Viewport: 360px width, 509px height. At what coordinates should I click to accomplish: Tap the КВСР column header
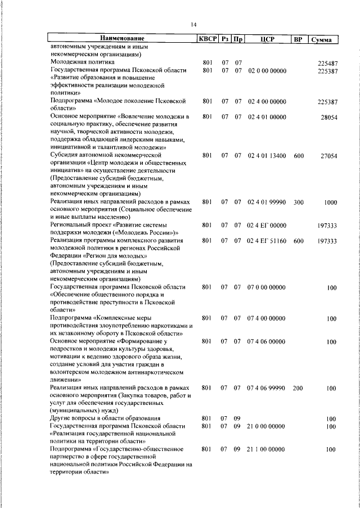pyautogui.click(x=206, y=39)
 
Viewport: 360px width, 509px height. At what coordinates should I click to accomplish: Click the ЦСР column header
pyautogui.click(x=267, y=39)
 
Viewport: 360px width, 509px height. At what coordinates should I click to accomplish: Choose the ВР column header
pyautogui.click(x=298, y=39)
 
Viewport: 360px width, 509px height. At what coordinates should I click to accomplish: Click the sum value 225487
pyautogui.click(x=327, y=64)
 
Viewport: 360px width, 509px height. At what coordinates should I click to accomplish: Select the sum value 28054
pyautogui.click(x=328, y=118)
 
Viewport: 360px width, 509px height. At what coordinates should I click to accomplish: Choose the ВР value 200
pyautogui.click(x=298, y=388)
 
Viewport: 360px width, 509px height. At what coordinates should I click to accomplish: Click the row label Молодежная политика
pyautogui.click(x=82, y=63)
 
